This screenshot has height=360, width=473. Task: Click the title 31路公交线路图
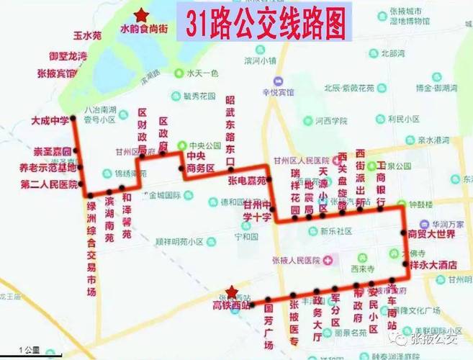pyautogui.click(x=263, y=26)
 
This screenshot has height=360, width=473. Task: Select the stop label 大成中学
pyautogui.click(x=50, y=120)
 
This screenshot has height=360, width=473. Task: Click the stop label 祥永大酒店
pyautogui.click(x=433, y=265)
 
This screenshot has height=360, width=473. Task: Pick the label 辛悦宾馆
pyautogui.click(x=278, y=91)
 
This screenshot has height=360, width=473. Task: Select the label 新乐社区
pyautogui.click(x=330, y=231)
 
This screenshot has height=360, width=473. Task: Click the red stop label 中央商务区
pyautogui.click(x=200, y=163)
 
